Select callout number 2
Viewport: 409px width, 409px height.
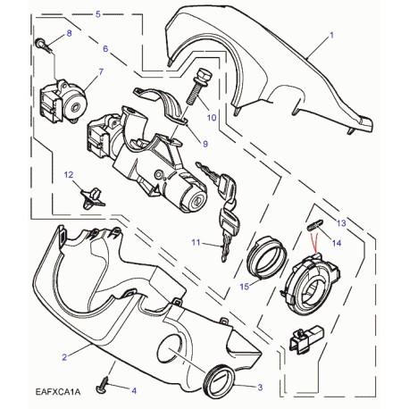[89, 356]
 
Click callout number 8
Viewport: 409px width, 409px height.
[69, 35]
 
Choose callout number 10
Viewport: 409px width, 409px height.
[212, 117]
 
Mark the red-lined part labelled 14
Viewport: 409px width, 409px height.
[313, 230]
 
